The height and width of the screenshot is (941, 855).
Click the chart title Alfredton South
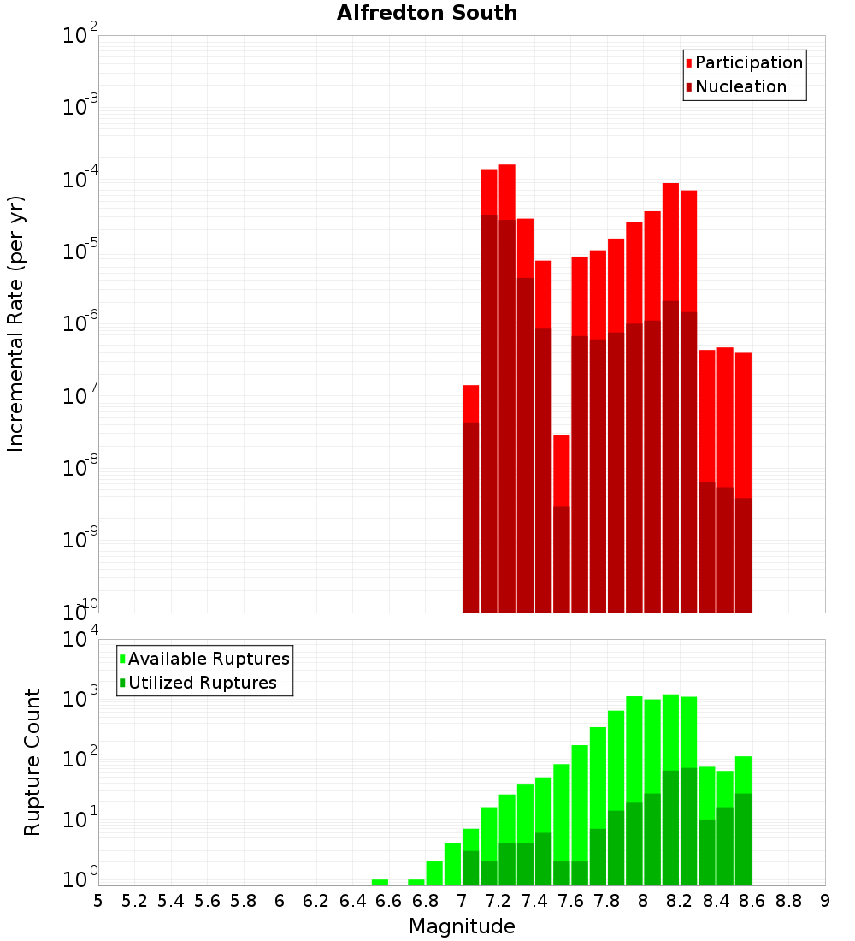[427, 13]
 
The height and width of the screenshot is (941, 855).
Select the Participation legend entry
[748, 62]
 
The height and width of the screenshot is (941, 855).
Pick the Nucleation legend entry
[740, 86]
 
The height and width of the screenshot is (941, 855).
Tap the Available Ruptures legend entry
[208, 659]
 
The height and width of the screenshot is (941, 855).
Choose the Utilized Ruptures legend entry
[202, 683]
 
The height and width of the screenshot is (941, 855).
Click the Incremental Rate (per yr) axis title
[16, 323]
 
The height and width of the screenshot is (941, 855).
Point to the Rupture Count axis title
[32, 762]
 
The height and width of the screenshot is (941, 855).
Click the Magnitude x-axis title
[462, 926]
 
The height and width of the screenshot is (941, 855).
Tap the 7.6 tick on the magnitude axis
[570, 901]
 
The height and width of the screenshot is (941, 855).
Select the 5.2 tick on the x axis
[134, 901]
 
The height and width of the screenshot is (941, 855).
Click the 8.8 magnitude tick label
[788, 901]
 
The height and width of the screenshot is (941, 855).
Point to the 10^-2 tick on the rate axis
[80, 35]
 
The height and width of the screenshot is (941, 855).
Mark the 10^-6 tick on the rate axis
[80, 323]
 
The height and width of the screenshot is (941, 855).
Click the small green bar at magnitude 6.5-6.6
[380, 882]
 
